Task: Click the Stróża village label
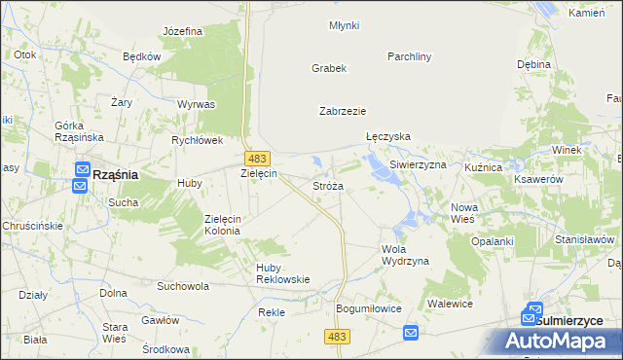click(327, 185)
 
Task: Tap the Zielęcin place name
click(259, 173)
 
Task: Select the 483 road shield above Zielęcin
click(257, 158)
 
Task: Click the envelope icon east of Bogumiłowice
click(411, 334)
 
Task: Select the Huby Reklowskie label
click(282, 272)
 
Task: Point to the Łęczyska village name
click(387, 137)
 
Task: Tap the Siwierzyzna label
click(418, 165)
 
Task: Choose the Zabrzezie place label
click(343, 111)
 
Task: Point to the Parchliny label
click(409, 56)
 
